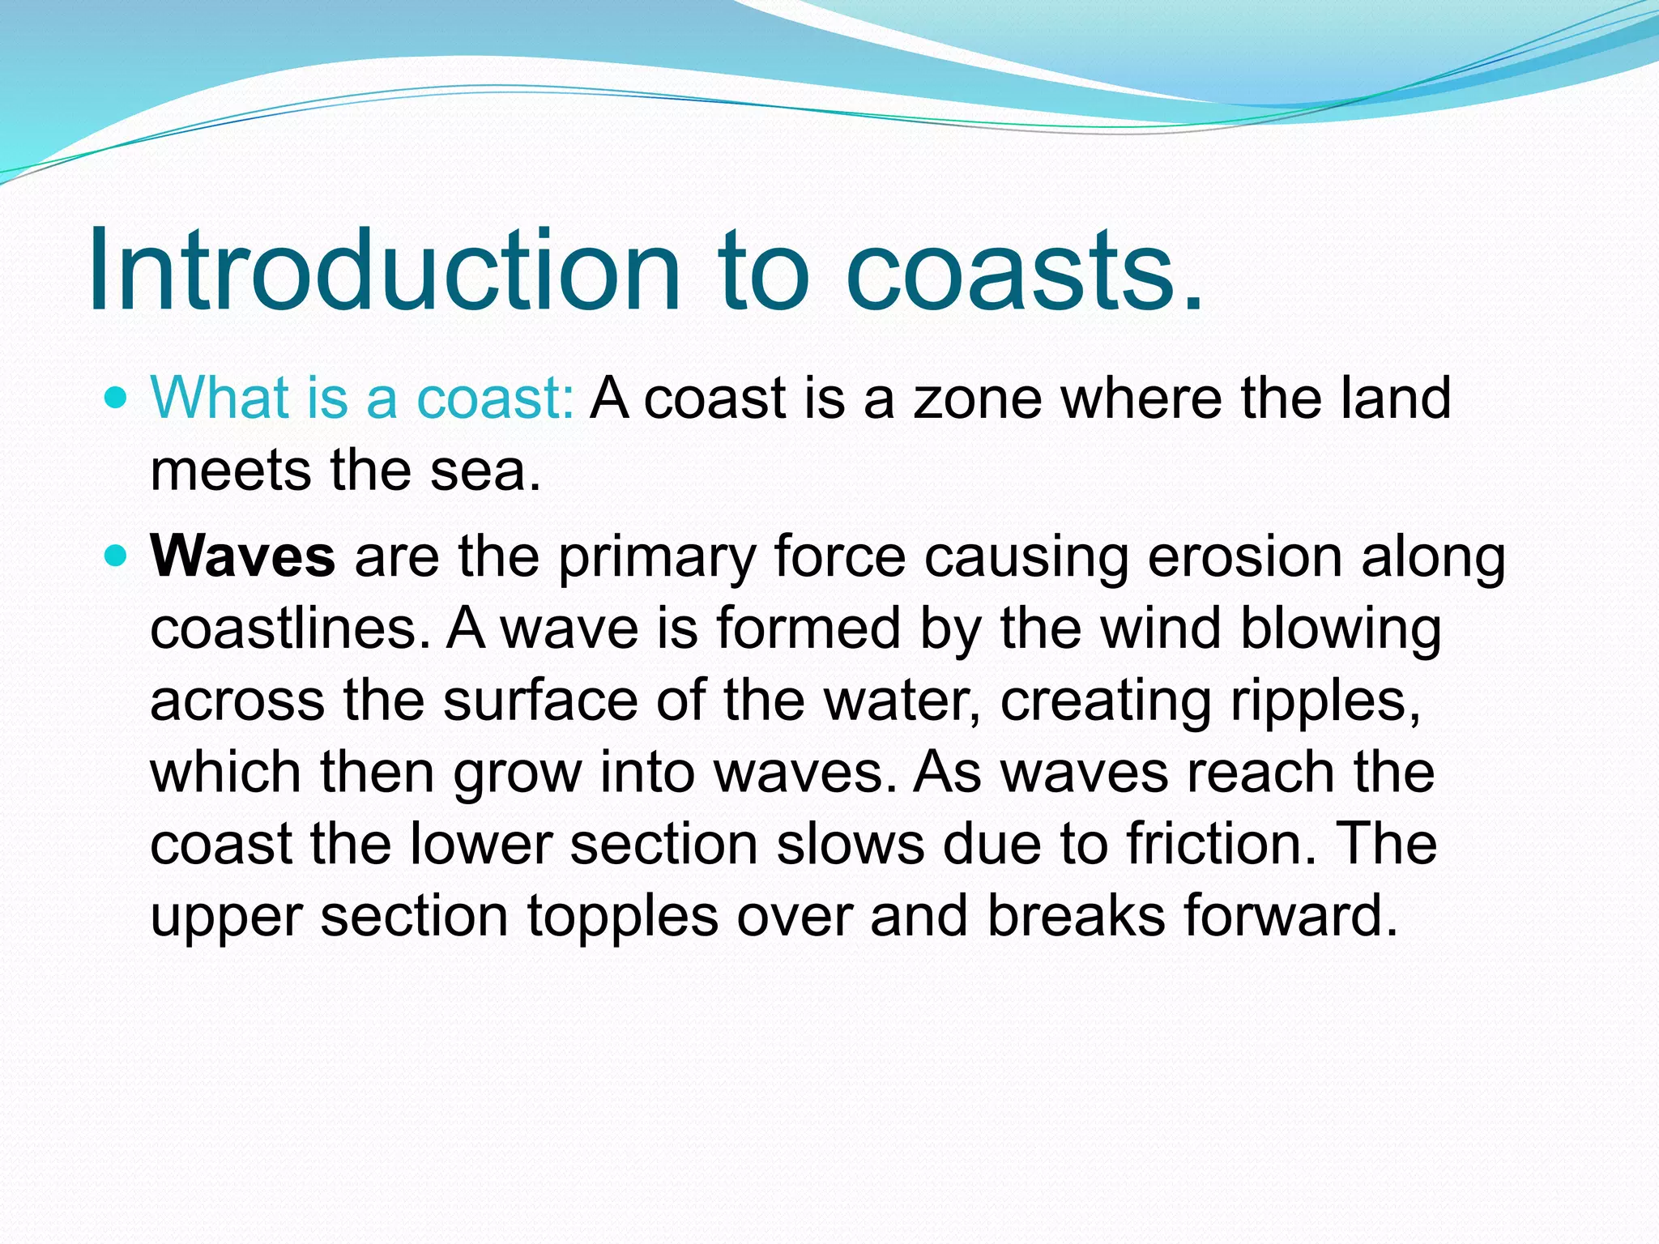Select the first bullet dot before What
coord(117,398)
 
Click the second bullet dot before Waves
coord(117,556)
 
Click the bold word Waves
coord(242,556)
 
